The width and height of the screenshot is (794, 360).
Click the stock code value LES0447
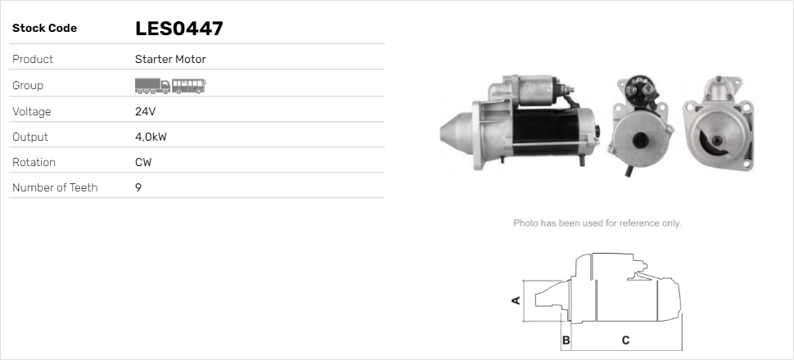coord(178,29)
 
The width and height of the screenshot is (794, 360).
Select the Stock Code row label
coord(44,29)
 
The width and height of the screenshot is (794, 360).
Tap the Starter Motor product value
coord(170,60)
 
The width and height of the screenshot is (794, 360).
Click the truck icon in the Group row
coord(152,85)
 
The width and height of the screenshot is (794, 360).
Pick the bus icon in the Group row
coord(189,85)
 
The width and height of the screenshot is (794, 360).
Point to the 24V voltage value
coord(145,111)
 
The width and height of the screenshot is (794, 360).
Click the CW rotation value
coord(143,162)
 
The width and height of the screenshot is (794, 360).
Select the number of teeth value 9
coord(138,188)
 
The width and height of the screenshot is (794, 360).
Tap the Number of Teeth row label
coord(55,188)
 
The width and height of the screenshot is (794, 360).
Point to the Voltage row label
coord(32,111)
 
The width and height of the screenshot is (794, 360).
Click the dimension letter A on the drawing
coord(516,300)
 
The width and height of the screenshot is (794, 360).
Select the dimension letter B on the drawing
coord(566,340)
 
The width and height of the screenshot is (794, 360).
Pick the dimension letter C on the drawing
coord(625,340)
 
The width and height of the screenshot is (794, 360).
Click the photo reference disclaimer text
coord(597,223)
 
